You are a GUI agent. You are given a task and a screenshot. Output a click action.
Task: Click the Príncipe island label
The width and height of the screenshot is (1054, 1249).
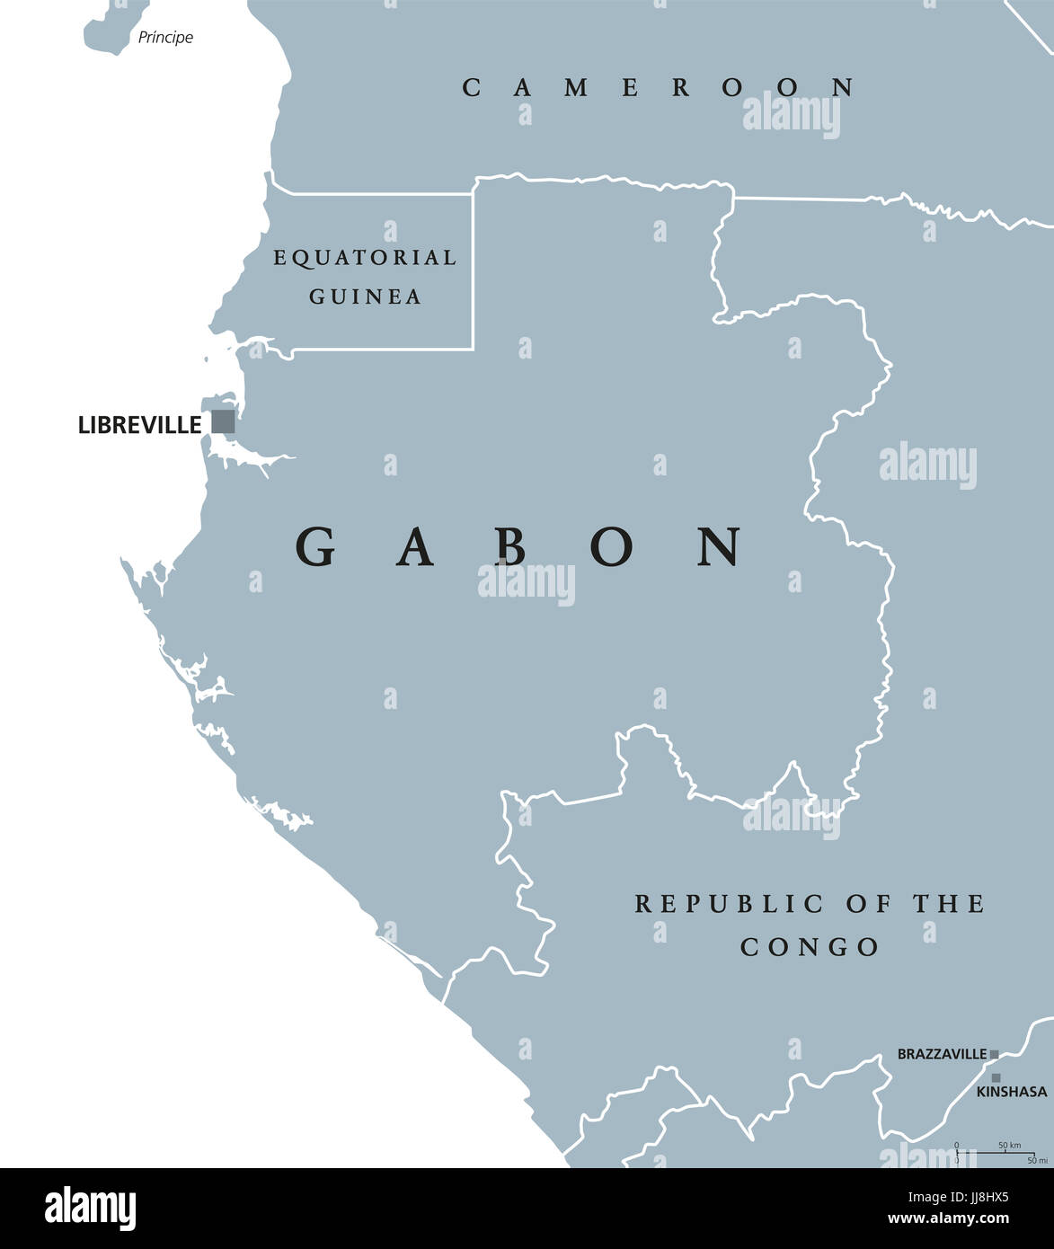165,38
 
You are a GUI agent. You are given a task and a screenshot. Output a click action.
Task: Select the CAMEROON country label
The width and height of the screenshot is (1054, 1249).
659,87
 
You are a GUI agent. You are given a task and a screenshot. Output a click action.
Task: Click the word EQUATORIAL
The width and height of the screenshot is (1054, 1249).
365,258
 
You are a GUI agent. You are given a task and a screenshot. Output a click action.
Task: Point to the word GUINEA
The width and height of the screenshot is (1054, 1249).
366,297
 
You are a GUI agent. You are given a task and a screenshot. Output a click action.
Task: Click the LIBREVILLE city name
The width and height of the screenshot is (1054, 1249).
139,425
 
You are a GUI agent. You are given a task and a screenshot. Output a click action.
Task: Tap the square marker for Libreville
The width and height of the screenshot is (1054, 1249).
223,421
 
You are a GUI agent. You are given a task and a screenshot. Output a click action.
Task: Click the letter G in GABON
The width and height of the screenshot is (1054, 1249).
315,546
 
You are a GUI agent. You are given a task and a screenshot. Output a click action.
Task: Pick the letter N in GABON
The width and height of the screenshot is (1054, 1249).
721,546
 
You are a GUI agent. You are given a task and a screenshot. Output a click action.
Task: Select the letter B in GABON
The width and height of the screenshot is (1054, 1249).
511,546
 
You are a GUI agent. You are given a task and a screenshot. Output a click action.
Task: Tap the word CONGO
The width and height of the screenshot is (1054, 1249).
810,947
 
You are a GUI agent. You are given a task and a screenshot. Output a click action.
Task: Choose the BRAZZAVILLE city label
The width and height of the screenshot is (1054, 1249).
942,1055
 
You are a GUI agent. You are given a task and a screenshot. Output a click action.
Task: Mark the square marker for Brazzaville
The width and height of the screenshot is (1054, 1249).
994,1054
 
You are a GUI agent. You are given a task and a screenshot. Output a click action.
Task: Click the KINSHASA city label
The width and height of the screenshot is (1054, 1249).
1012,1092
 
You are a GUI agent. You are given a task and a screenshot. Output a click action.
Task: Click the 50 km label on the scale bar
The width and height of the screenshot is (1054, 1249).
1009,1146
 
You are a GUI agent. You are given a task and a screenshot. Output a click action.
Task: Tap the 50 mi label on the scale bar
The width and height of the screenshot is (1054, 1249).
1037,1161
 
